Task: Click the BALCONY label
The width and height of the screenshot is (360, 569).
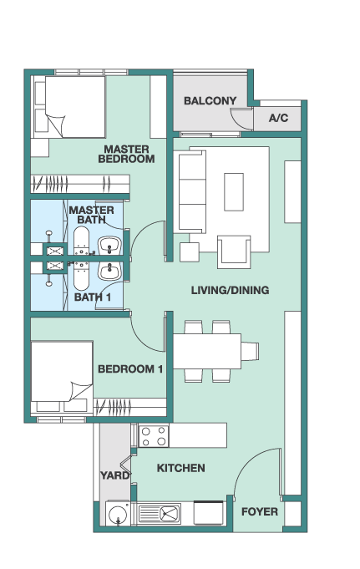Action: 210,100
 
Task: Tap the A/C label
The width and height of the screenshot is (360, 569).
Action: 278,118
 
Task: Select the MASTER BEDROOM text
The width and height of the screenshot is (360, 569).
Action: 126,154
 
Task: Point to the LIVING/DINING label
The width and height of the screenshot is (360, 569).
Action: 230,290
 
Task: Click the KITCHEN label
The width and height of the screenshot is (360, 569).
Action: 180,468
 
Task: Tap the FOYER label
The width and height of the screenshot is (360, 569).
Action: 260,511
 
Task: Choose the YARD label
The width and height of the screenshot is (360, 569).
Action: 114,475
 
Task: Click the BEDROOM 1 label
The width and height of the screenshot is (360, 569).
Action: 130,369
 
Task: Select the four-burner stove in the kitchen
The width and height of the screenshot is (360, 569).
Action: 154,436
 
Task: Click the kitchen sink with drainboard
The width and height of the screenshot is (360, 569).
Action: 160,514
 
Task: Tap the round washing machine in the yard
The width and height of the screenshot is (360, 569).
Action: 118,514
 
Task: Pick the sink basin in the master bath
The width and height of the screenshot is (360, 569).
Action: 109,246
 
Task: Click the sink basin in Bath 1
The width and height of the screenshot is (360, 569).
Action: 109,271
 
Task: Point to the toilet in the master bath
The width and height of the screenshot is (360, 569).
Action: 82,241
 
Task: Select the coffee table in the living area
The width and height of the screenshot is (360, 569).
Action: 234,191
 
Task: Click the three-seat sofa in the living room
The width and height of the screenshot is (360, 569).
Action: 190,191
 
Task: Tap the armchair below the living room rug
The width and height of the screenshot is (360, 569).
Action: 234,251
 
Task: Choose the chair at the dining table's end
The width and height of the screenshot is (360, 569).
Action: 250,351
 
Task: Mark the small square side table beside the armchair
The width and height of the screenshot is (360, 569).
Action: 190,252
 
